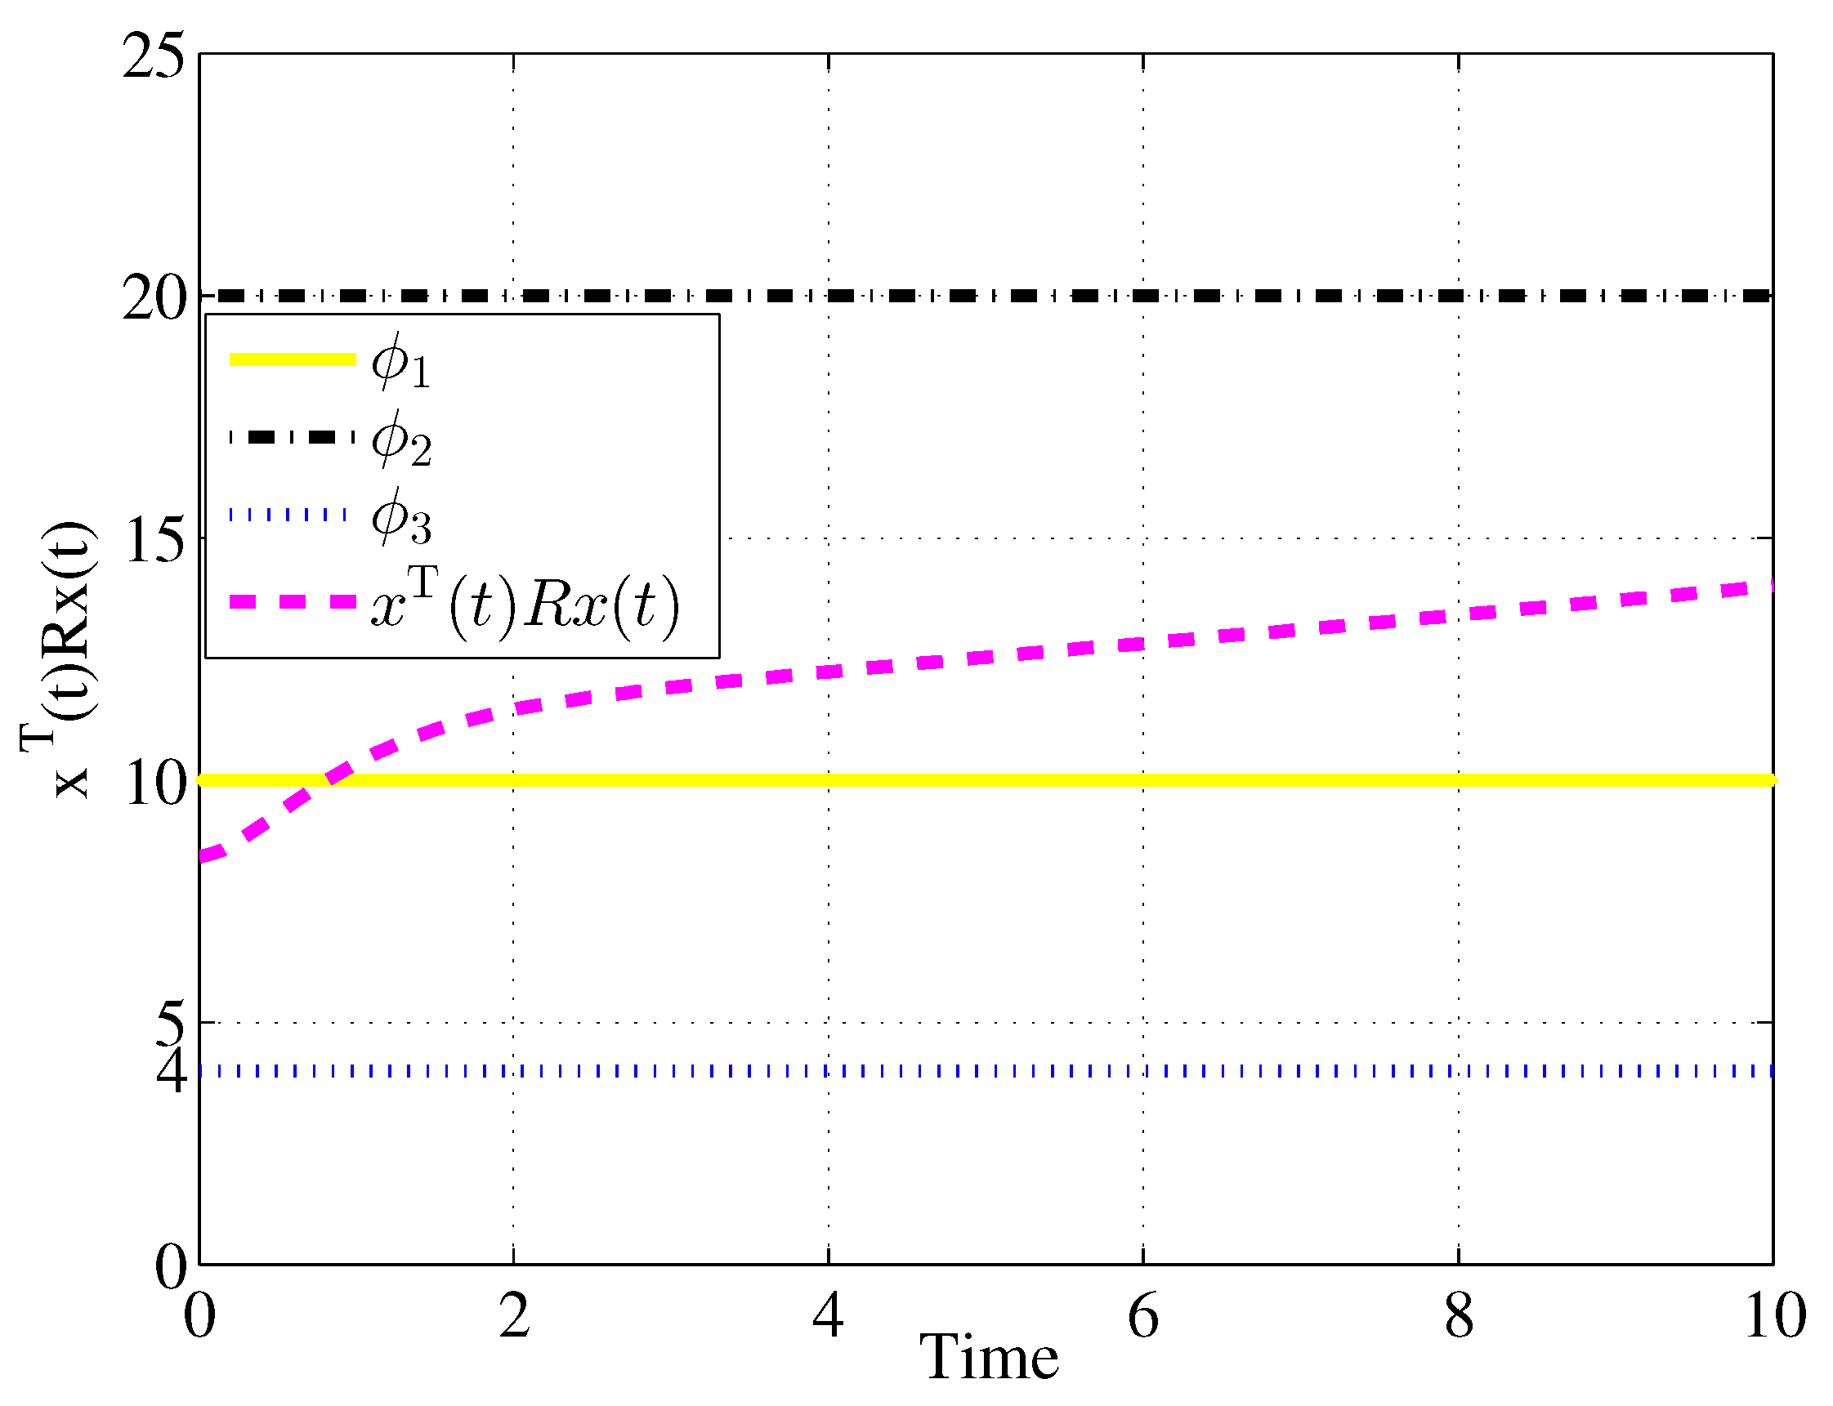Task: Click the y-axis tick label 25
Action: pyautogui.click(x=153, y=57)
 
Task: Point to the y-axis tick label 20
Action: pyautogui.click(x=153, y=299)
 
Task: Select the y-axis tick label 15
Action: pyautogui.click(x=153, y=541)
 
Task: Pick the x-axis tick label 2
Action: pyautogui.click(x=514, y=1316)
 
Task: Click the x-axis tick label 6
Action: pyautogui.click(x=1143, y=1316)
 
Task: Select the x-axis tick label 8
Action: pyautogui.click(x=1459, y=1316)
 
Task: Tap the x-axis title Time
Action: pyautogui.click(x=989, y=1358)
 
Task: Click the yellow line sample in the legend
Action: pyautogui.click(x=292, y=359)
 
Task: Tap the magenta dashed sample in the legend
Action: pyautogui.click(x=292, y=602)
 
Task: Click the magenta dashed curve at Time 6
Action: pyautogui.click(x=1143, y=643)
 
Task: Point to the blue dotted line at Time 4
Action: pyautogui.click(x=829, y=1071)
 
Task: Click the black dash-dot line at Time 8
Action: pyautogui.click(x=1459, y=296)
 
